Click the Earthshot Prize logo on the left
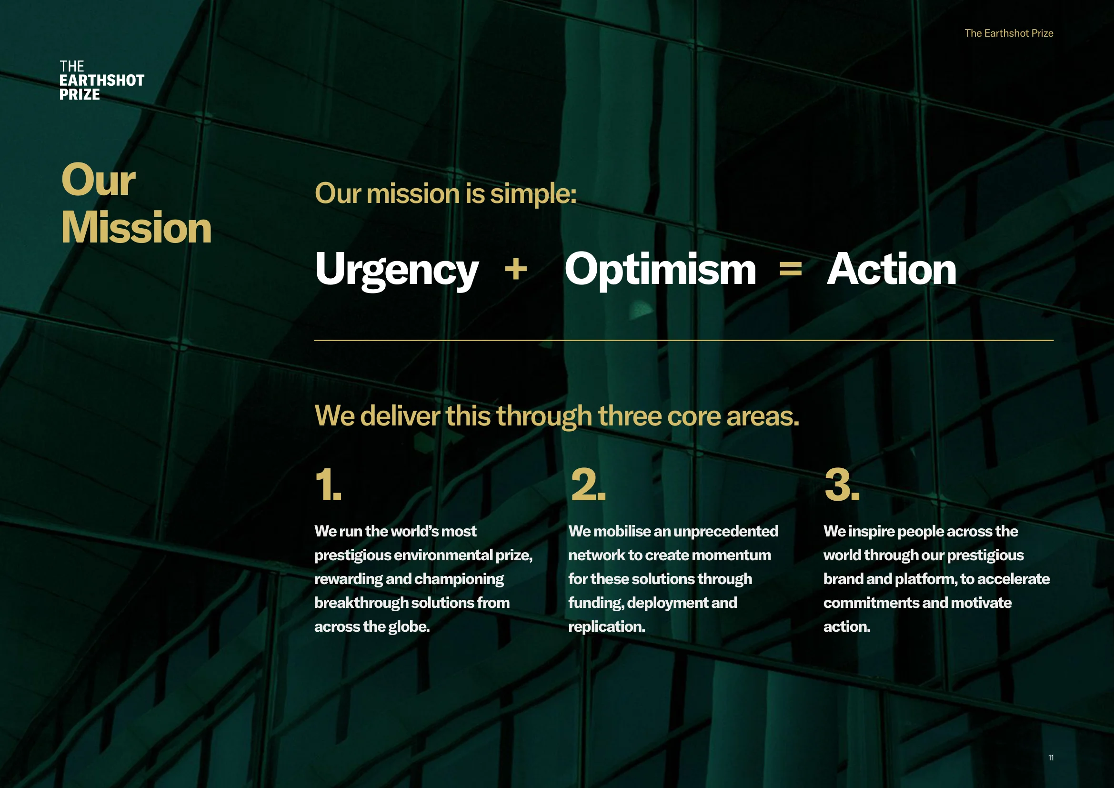click(x=102, y=81)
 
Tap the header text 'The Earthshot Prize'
click(x=1009, y=33)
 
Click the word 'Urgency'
click(x=396, y=270)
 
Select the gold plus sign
click(x=516, y=269)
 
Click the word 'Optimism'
click(x=660, y=270)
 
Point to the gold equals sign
click(x=791, y=268)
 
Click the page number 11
click(x=1051, y=758)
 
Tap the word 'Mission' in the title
click(x=136, y=227)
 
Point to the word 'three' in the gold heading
click(x=629, y=416)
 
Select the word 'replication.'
click(x=606, y=627)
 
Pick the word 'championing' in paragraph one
click(x=459, y=579)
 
